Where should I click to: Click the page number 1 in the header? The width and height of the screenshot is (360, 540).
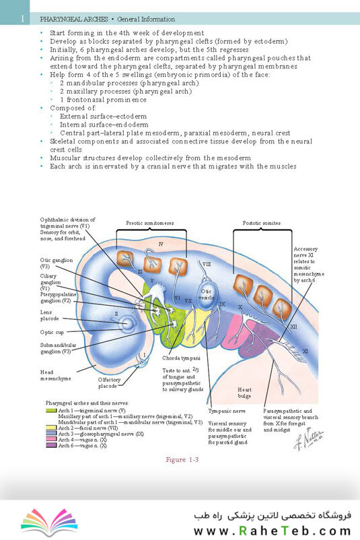coord(23,18)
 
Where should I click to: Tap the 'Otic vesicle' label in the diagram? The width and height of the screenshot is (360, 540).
coord(206,294)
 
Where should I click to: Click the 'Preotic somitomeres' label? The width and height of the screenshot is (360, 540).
coord(149,223)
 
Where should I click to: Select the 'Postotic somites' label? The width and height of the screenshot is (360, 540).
coord(262,223)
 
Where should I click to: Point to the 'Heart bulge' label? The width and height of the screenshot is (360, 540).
coord(244,393)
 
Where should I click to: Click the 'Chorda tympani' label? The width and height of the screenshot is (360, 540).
coord(182,358)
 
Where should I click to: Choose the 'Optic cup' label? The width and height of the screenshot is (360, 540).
coord(52,332)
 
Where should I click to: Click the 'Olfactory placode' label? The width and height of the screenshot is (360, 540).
coord(109,382)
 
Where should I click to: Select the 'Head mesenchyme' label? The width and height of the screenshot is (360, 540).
coord(55,375)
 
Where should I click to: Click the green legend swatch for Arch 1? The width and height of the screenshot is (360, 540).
coord(51,411)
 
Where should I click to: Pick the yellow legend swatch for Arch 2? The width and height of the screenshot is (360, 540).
coord(51,428)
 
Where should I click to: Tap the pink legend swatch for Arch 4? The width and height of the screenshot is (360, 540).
coord(51,440)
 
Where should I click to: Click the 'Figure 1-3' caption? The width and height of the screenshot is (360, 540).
coord(182,459)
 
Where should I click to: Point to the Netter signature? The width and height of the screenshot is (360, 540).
coord(308,438)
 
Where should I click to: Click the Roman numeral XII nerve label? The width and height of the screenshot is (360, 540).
coord(293,326)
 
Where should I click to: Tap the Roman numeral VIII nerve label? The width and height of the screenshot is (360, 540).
coord(207,264)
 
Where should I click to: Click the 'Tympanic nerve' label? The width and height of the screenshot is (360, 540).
coord(227,411)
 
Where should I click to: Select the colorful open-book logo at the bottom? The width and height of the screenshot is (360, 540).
coord(49,522)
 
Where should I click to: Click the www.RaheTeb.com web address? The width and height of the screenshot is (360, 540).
coord(273,531)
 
